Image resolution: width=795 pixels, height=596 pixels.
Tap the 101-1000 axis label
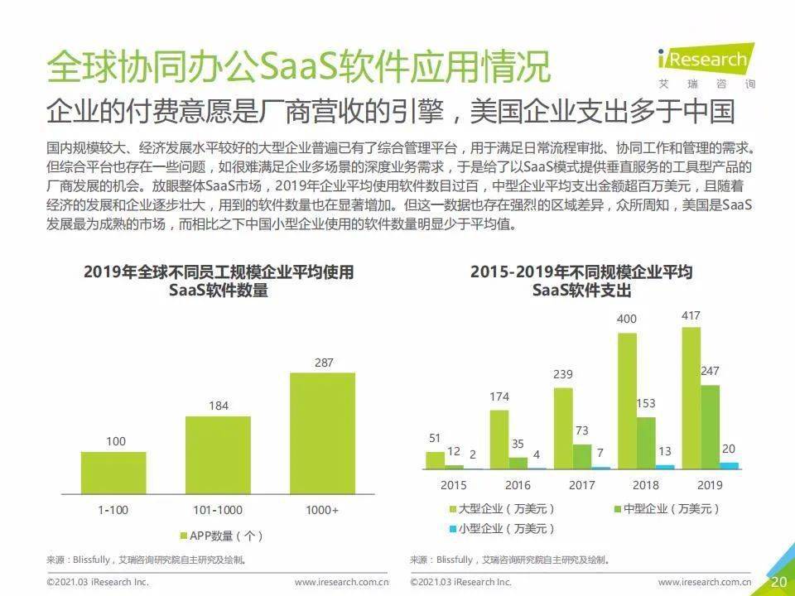218,510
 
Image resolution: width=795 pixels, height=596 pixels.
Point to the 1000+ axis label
322,510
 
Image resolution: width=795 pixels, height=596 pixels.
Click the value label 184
218,406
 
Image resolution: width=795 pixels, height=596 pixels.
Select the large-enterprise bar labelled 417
691,398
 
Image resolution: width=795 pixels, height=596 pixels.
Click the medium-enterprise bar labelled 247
710,427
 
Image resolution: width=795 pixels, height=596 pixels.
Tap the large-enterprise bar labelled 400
627,401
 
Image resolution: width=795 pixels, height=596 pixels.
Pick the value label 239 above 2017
563,375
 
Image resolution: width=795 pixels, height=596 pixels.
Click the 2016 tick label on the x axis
518,485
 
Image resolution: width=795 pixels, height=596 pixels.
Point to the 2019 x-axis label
710,485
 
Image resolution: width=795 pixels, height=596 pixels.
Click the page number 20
778,582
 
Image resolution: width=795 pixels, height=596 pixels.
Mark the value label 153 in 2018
646,403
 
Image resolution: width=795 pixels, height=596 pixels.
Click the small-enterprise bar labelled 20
729,466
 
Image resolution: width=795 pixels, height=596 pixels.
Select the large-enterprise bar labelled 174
499,440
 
